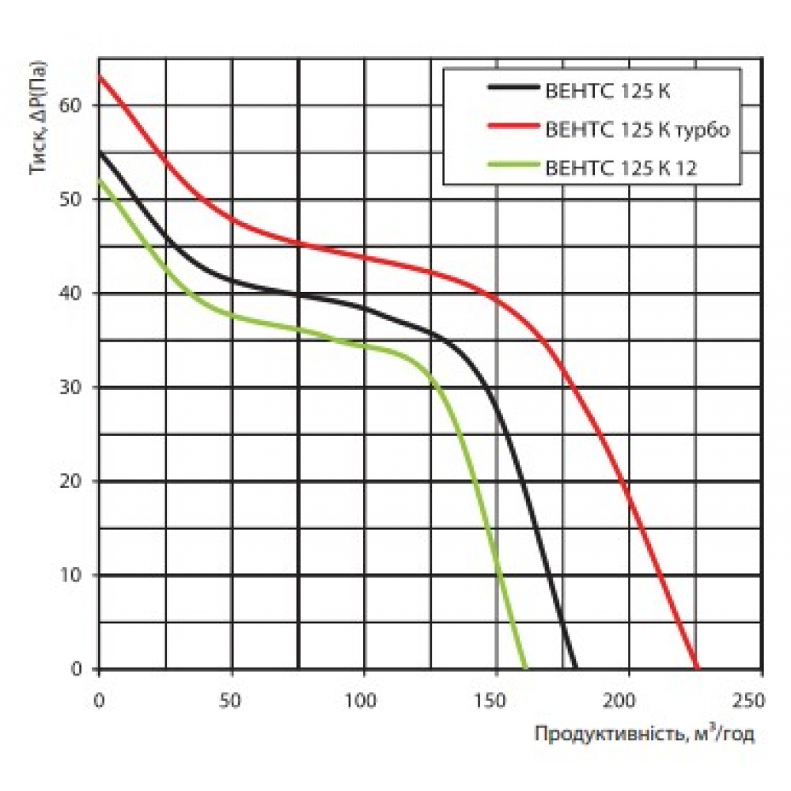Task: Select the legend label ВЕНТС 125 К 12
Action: click(x=621, y=167)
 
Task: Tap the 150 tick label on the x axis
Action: click(x=496, y=701)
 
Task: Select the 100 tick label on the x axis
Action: click(x=364, y=701)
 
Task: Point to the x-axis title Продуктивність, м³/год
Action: click(x=645, y=735)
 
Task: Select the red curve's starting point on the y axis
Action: click(x=99, y=75)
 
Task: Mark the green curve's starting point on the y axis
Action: click(x=99, y=180)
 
